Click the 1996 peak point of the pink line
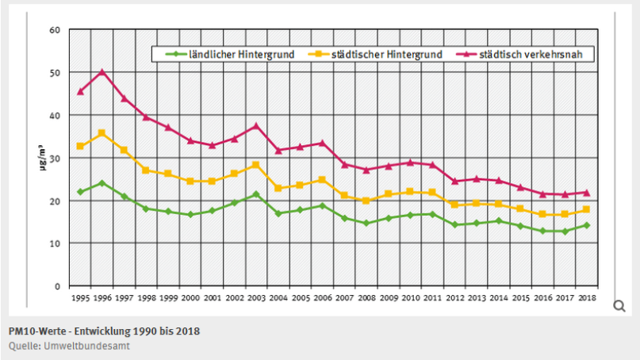tap(102, 72)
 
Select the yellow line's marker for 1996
tap(102, 133)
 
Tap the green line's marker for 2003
tap(255, 194)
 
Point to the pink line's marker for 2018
tap(585, 193)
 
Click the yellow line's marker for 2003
tap(255, 165)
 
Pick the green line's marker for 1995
tap(80, 192)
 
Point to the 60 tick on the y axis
tap(55, 30)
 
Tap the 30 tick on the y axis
tap(55, 158)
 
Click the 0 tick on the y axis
tap(57, 285)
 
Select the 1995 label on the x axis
tap(80, 298)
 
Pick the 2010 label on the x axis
tap(409, 298)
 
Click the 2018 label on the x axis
tap(585, 298)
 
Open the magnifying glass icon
tap(619, 306)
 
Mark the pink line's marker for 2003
tap(255, 126)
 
